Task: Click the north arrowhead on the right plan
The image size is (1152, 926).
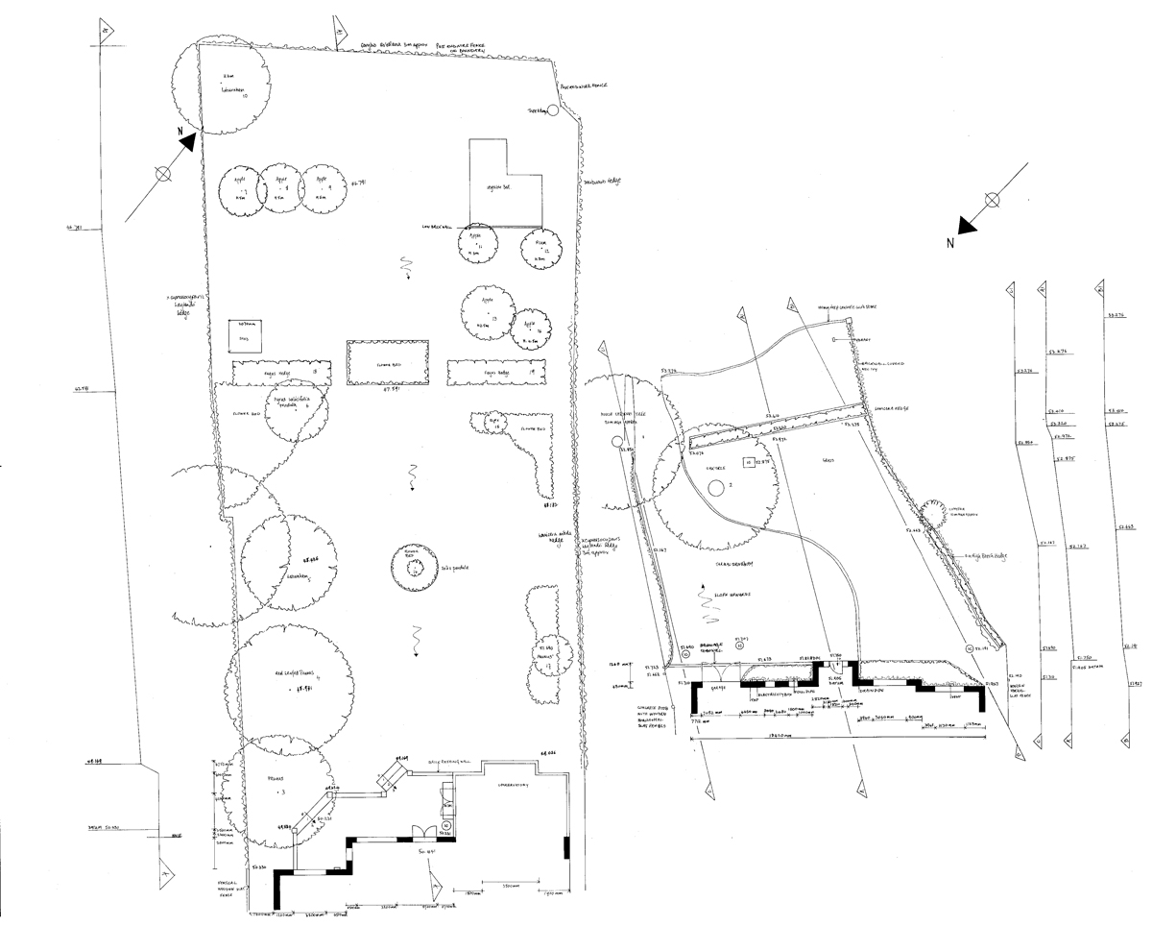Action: point(967,224)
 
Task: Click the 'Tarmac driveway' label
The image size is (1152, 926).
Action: point(732,564)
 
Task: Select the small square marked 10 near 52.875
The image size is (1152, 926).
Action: point(748,462)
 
